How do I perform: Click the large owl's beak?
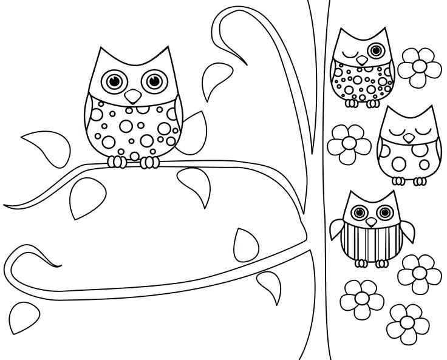coord(132,96)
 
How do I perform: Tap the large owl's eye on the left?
coord(113,80)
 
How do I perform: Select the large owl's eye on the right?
coord(153,80)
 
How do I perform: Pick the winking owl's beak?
coord(362,60)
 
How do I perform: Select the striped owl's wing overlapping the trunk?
coord(338,230)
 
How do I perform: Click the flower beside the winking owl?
coord(420,66)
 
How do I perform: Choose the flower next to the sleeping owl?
coord(349,144)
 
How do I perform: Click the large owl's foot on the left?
coord(117,161)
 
